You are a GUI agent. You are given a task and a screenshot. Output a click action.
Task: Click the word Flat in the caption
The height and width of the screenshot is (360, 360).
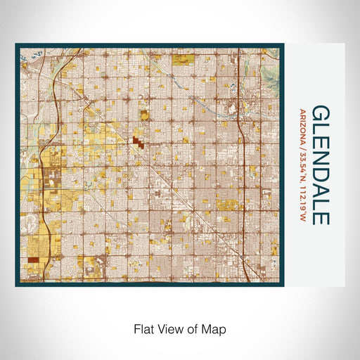coord(143,328)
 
